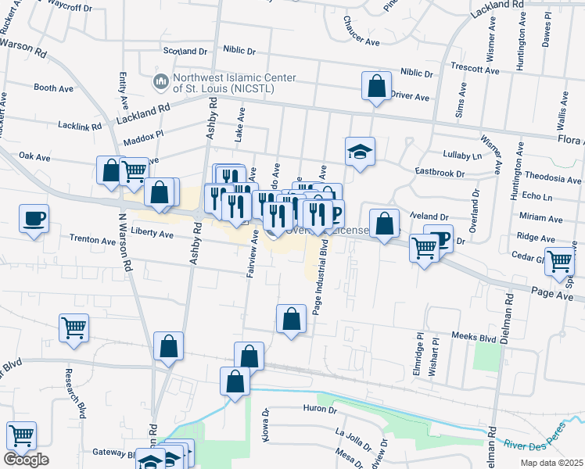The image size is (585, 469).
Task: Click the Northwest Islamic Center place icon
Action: pos(161,81)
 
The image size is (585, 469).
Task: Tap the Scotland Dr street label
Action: pos(185,51)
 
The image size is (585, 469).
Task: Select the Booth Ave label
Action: pos(53,88)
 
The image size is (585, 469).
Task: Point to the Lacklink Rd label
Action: pos(81,125)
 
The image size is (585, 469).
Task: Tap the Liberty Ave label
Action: pos(152,233)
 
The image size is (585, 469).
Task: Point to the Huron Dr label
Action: pos(319,409)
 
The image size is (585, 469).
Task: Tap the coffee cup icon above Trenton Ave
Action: pos(34,218)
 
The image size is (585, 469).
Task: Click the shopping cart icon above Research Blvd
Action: pos(74,328)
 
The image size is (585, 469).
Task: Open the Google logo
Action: pos(26,460)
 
